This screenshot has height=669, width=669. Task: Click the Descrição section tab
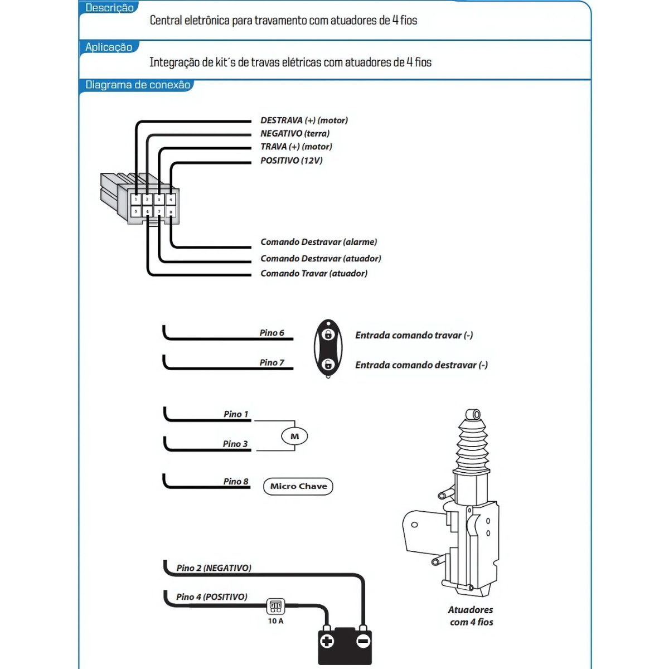click(x=109, y=8)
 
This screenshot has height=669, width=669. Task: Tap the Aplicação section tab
click(x=109, y=47)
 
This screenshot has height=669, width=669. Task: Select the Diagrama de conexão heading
click(x=138, y=85)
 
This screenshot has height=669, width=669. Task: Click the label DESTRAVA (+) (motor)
click(x=304, y=120)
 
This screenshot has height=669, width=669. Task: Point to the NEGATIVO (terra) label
click(x=295, y=134)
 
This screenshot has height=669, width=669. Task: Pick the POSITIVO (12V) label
click(x=292, y=161)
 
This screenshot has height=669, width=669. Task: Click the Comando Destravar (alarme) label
click(x=319, y=242)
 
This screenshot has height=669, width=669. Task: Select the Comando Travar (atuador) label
click(x=314, y=274)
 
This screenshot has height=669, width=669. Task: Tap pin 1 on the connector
click(x=135, y=199)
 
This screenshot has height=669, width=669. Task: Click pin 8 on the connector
click(x=171, y=212)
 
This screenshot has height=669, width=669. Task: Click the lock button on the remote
click(x=328, y=334)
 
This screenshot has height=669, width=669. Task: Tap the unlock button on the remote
click(x=328, y=365)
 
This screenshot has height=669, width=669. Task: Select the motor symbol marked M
click(x=294, y=437)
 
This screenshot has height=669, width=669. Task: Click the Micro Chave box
click(x=298, y=486)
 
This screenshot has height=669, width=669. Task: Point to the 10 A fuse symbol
click(x=275, y=607)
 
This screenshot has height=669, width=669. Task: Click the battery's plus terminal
click(x=327, y=641)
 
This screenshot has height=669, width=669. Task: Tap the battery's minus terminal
click(x=363, y=641)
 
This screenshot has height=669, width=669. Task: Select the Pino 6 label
click(x=272, y=333)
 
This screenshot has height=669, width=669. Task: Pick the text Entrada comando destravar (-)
click(x=421, y=365)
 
